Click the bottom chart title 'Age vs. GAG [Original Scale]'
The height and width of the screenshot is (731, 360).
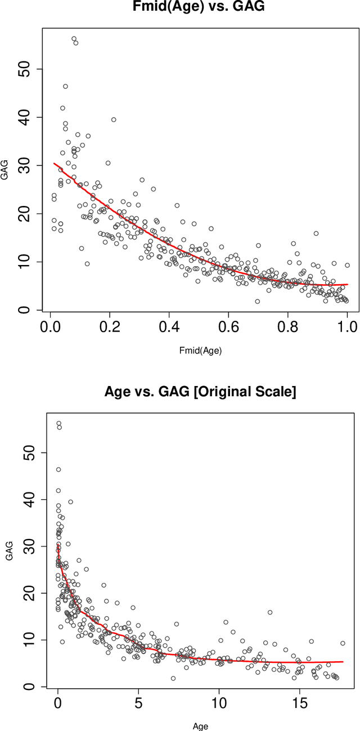(x=200, y=392)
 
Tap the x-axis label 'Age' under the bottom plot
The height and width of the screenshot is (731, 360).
(x=200, y=726)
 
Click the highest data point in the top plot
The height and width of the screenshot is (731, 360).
(x=74, y=39)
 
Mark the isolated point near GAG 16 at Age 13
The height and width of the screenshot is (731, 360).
(x=270, y=612)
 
